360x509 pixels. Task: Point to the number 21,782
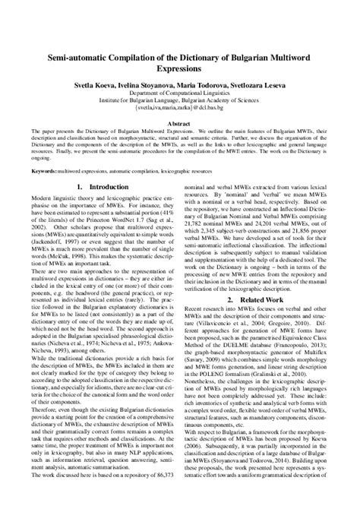[201, 256]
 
